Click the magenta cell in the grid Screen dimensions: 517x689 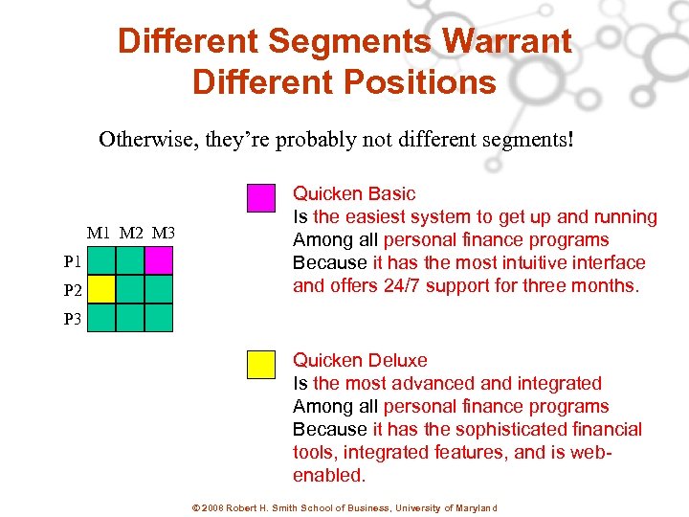click(158, 260)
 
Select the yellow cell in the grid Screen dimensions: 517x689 click(101, 289)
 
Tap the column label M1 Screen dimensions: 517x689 click(99, 233)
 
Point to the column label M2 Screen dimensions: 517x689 click(131, 233)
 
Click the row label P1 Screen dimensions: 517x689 click(73, 260)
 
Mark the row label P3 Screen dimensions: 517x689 click(73, 320)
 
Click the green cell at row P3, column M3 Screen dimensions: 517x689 click(158, 318)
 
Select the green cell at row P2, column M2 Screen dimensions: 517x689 click(130, 289)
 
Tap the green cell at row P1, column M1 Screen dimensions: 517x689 click(101, 260)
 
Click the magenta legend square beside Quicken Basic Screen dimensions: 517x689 click(260, 197)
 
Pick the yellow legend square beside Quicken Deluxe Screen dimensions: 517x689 click(260, 365)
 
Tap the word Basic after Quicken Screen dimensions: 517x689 click(391, 194)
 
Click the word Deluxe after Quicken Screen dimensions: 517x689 click(397, 361)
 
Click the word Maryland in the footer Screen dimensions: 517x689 click(475, 507)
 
